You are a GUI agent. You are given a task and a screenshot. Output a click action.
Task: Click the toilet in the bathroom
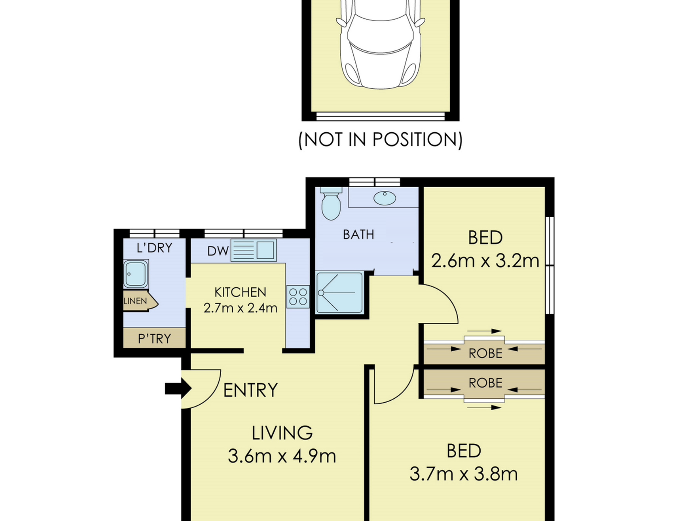click(x=331, y=204)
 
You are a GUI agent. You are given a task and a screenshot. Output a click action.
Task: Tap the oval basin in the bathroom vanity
click(x=384, y=198)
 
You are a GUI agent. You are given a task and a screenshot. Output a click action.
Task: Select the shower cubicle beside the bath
click(x=339, y=292)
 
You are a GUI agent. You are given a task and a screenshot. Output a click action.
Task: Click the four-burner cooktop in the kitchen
click(x=298, y=297)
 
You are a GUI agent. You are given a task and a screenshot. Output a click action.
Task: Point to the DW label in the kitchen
click(x=218, y=251)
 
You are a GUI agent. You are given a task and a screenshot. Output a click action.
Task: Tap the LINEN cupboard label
click(x=135, y=301)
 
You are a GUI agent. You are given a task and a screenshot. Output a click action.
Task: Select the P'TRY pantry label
click(x=154, y=339)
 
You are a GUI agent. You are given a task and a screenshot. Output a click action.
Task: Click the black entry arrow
click(x=178, y=388)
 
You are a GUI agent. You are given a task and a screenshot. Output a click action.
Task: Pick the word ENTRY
click(x=251, y=390)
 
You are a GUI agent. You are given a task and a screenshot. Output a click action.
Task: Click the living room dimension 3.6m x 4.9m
click(x=282, y=456)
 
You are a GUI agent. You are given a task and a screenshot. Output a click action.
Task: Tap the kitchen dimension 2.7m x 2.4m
click(x=240, y=308)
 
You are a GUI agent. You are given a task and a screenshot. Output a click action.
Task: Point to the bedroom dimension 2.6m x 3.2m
click(x=485, y=261)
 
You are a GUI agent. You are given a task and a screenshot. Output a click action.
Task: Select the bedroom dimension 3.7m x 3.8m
click(x=463, y=474)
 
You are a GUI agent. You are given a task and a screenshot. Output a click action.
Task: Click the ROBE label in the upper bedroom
click(x=485, y=354)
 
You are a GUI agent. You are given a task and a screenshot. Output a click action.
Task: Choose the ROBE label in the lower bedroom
click(x=485, y=383)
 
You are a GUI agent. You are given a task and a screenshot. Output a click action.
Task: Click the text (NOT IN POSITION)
click(x=380, y=140)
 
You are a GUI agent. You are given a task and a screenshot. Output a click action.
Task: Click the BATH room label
click(x=358, y=234)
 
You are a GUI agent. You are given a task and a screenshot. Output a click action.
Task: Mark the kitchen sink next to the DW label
click(x=253, y=250)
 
